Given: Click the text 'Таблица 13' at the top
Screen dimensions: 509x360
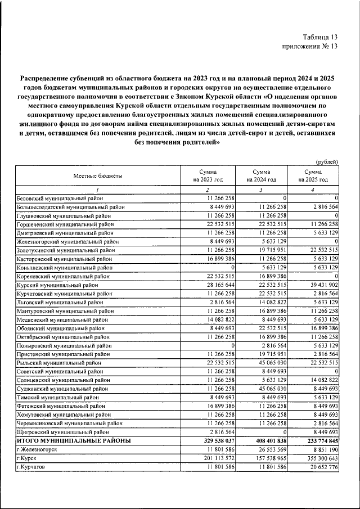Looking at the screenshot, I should [318, 37].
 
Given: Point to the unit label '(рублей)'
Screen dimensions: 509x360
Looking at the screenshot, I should [327, 161].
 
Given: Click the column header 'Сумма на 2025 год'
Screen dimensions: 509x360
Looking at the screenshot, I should [313, 175].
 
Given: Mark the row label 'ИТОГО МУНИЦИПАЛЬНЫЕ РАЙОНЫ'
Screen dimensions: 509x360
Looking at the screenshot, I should [73, 440].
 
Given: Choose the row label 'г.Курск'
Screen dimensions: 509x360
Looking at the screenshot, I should [27, 458].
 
